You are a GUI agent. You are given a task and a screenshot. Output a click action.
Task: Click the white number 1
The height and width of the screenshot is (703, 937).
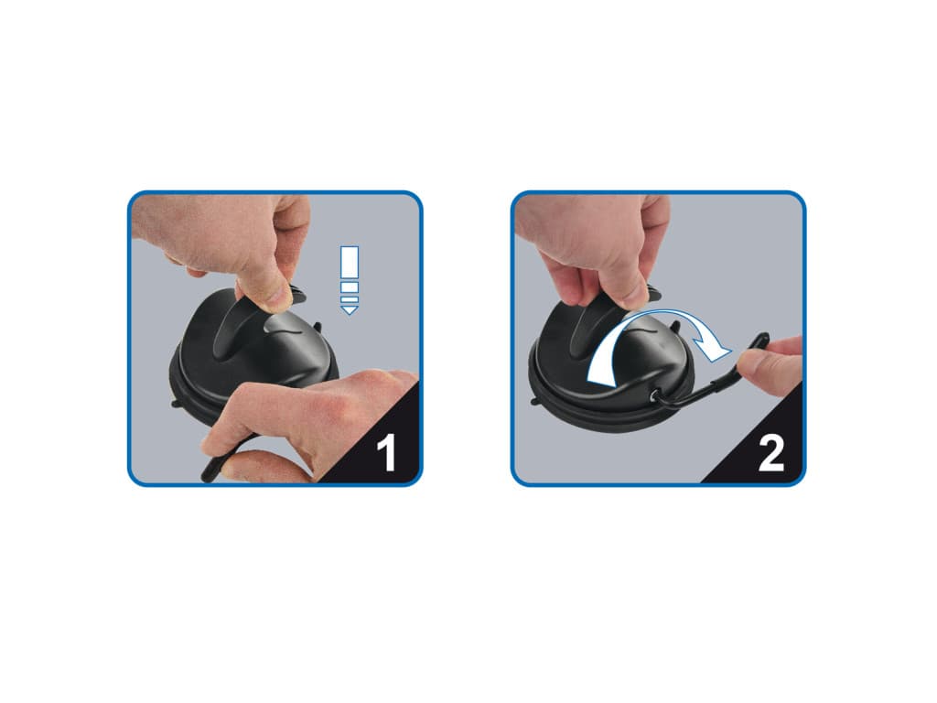point(387,452)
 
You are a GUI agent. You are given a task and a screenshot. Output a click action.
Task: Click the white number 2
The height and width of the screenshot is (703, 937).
point(770,452)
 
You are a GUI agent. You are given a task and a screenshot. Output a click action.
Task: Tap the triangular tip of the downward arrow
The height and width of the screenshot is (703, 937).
point(349,309)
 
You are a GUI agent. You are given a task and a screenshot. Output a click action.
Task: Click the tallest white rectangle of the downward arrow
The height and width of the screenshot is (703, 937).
point(349,262)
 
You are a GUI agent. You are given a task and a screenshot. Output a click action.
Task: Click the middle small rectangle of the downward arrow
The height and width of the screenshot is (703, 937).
point(349,287)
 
